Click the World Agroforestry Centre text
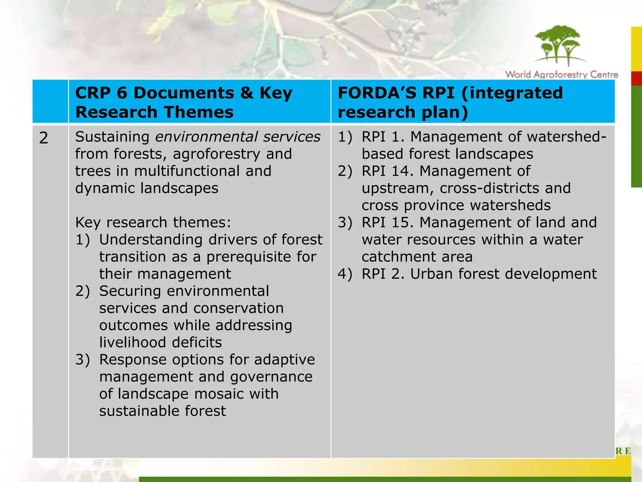561,75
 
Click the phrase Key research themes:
153,222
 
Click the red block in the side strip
636,78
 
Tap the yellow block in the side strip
636,49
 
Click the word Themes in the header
198,112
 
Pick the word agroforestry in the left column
216,154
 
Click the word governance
271,377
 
